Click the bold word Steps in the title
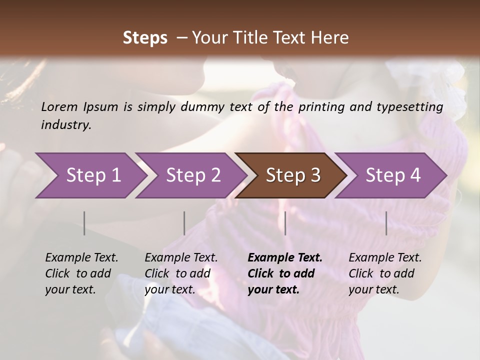tap(145, 38)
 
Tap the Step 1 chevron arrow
tap(90, 175)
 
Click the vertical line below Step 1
tap(84, 223)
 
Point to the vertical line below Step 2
tap(184, 223)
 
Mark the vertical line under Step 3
tap(285, 223)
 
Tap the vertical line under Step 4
tap(386, 223)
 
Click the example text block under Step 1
tap(81, 273)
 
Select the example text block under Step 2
tap(181, 273)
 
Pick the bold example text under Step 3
tap(285, 273)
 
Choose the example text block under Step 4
tap(385, 273)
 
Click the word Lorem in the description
tap(59, 106)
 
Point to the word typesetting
tap(412, 107)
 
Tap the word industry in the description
tap(66, 125)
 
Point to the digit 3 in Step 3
tap(315, 175)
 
